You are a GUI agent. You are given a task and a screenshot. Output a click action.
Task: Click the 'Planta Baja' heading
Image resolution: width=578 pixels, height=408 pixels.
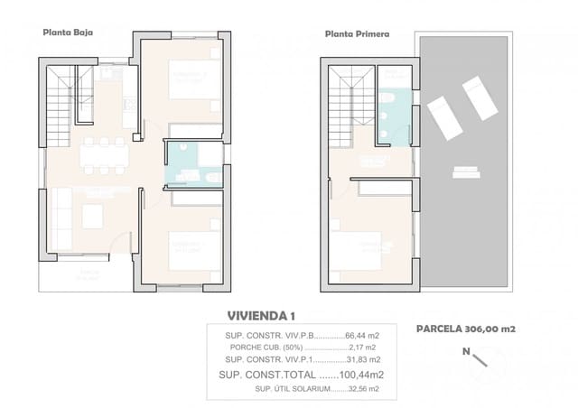[x=68, y=32]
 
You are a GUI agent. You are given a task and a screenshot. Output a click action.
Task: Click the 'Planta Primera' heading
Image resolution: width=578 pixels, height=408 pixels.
[x=357, y=34]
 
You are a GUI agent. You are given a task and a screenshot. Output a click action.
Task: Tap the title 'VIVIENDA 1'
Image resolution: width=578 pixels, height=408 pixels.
[x=261, y=315]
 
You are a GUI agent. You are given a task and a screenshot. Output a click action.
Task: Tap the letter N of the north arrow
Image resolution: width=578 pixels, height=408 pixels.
[x=466, y=351]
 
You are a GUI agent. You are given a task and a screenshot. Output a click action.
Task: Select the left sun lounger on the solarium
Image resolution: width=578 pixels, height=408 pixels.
[x=442, y=112]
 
